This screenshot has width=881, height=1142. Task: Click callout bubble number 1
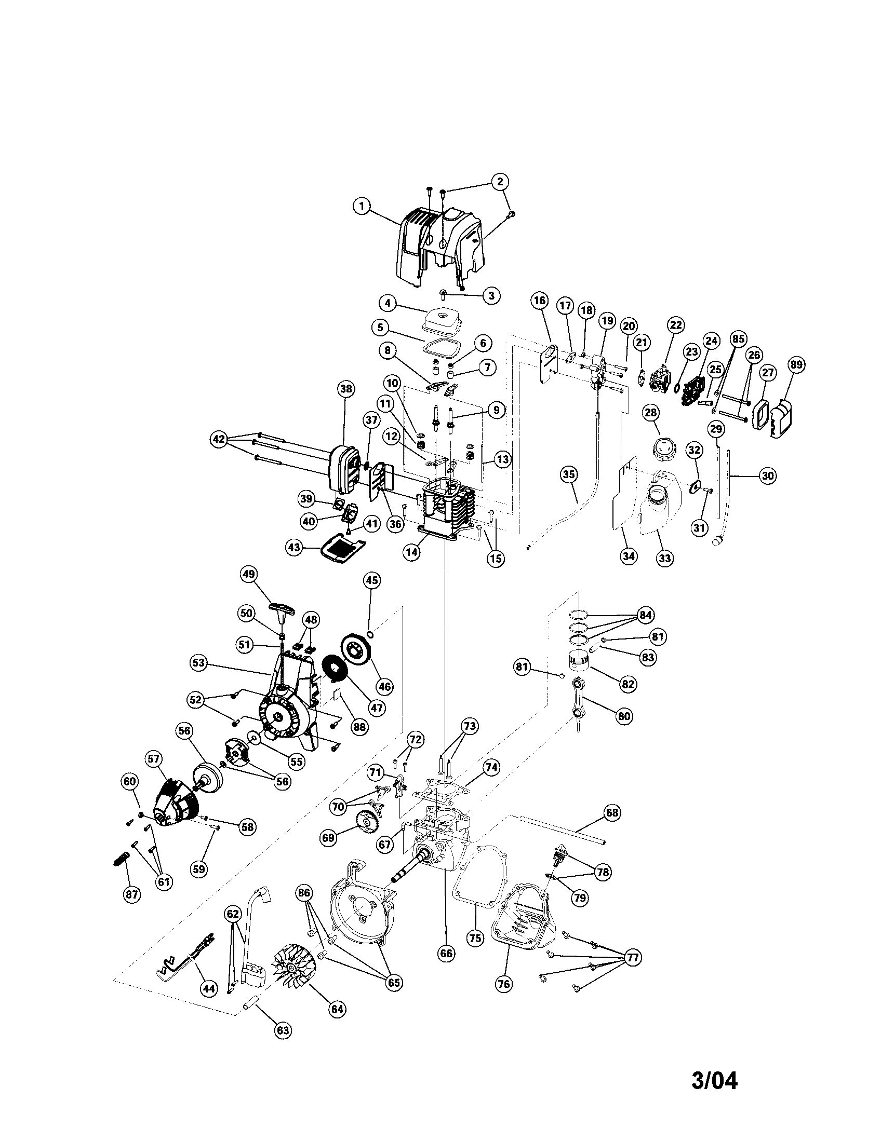[361, 206]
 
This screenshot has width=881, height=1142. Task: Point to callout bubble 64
[338, 1008]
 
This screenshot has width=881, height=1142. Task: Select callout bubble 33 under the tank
[664, 558]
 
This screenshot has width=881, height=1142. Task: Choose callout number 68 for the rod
[611, 812]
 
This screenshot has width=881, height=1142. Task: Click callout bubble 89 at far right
[796, 364]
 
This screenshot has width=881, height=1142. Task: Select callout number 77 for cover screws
[633, 958]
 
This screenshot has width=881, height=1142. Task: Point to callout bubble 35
[569, 474]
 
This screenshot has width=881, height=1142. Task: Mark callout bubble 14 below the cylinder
[412, 553]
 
